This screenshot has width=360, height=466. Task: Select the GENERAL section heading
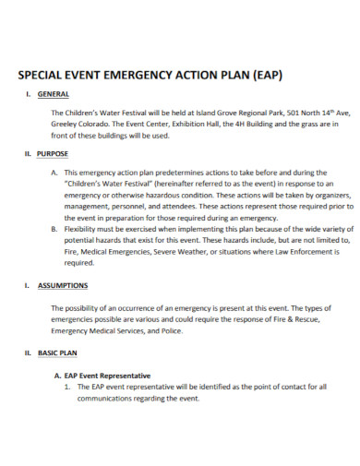pos(54,96)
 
